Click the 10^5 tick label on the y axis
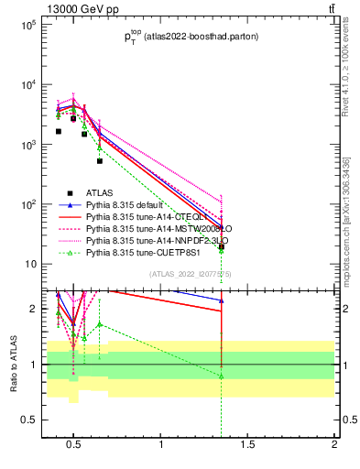pos(27,25)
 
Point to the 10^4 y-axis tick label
pos(27,85)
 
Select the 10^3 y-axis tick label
pos(27,145)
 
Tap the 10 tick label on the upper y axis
pos(29,265)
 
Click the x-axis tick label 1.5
pos(247,445)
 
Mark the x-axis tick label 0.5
pos(74,445)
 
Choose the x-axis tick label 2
pos(333,445)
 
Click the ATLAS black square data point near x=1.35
pos(222,246)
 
